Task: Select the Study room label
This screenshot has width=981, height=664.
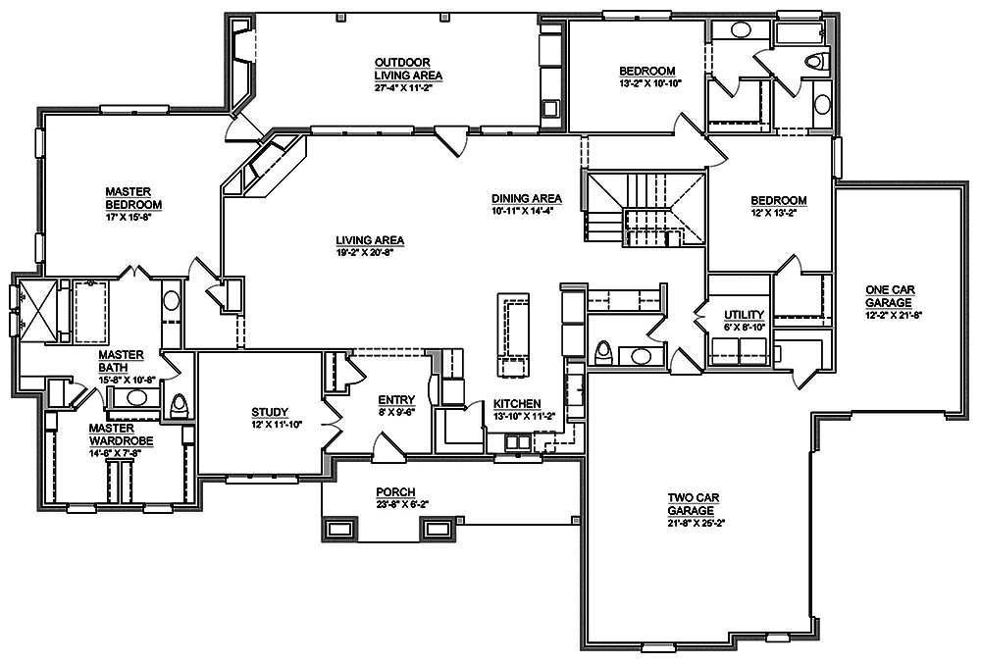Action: (x=268, y=411)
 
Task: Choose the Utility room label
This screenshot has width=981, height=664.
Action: (x=743, y=314)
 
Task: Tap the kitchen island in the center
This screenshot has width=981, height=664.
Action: (x=513, y=335)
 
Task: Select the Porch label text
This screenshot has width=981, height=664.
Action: (x=395, y=491)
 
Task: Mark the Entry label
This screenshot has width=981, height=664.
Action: (x=396, y=399)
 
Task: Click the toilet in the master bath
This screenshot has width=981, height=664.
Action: (x=180, y=405)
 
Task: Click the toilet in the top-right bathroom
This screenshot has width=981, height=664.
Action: (x=813, y=63)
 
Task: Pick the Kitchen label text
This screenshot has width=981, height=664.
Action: (x=516, y=404)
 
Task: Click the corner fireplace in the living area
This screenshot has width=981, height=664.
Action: (x=261, y=162)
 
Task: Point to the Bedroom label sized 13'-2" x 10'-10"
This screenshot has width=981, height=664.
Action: (x=647, y=71)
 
